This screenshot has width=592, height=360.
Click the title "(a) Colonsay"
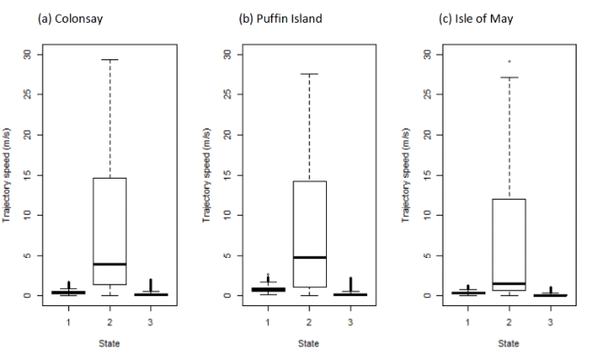pyautogui.click(x=70, y=19)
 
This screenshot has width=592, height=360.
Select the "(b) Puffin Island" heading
pyautogui.click(x=281, y=19)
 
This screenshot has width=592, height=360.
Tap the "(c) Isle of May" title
pyautogui.click(x=475, y=19)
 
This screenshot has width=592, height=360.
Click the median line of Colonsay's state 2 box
pyautogui.click(x=110, y=264)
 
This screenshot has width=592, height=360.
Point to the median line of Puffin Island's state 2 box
pyautogui.click(x=310, y=257)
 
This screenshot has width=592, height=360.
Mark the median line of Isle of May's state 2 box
pyautogui.click(x=509, y=283)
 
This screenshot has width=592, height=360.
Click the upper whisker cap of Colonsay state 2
pyautogui.click(x=110, y=59)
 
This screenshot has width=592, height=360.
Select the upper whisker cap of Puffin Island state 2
pyautogui.click(x=310, y=74)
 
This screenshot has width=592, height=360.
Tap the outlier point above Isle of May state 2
pyautogui.click(x=509, y=61)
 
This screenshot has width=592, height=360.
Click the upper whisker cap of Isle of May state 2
pyautogui.click(x=509, y=77)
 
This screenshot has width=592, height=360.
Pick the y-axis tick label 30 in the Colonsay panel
pyautogui.click(x=27, y=55)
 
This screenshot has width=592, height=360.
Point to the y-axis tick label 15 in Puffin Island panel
pyautogui.click(x=227, y=175)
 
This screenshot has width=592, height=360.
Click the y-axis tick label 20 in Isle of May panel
pyautogui.click(x=427, y=135)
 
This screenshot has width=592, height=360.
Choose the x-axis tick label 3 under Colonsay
pyautogui.click(x=150, y=323)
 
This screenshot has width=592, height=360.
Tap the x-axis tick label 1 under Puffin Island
pyautogui.click(x=268, y=323)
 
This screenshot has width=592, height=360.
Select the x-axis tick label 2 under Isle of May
pyautogui.click(x=509, y=323)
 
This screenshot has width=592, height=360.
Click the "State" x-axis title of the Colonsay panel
pyautogui.click(x=109, y=344)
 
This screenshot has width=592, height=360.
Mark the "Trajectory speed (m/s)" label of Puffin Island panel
pyautogui.click(x=206, y=175)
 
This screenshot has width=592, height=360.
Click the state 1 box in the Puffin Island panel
pyautogui.click(x=269, y=289)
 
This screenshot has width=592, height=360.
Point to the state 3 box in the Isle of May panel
pyautogui.click(x=550, y=295)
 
